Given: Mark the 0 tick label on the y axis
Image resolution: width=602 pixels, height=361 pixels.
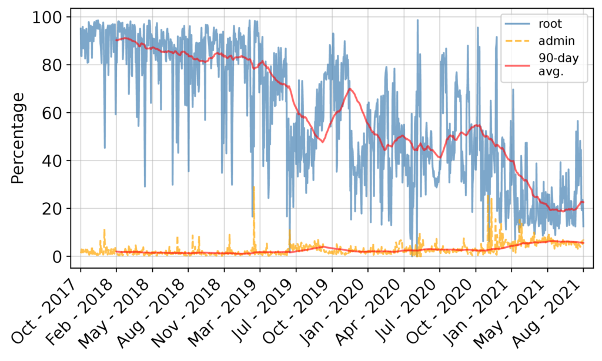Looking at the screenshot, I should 58,256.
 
